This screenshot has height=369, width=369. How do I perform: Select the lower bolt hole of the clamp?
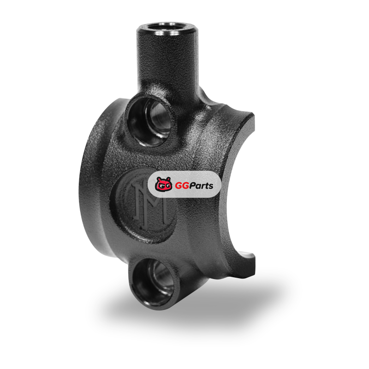pos(153,282)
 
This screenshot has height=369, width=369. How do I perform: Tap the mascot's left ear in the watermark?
pos(159,179)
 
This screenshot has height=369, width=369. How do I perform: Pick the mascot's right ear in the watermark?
pos(168,179)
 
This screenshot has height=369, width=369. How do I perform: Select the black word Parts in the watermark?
pos(201,186)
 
